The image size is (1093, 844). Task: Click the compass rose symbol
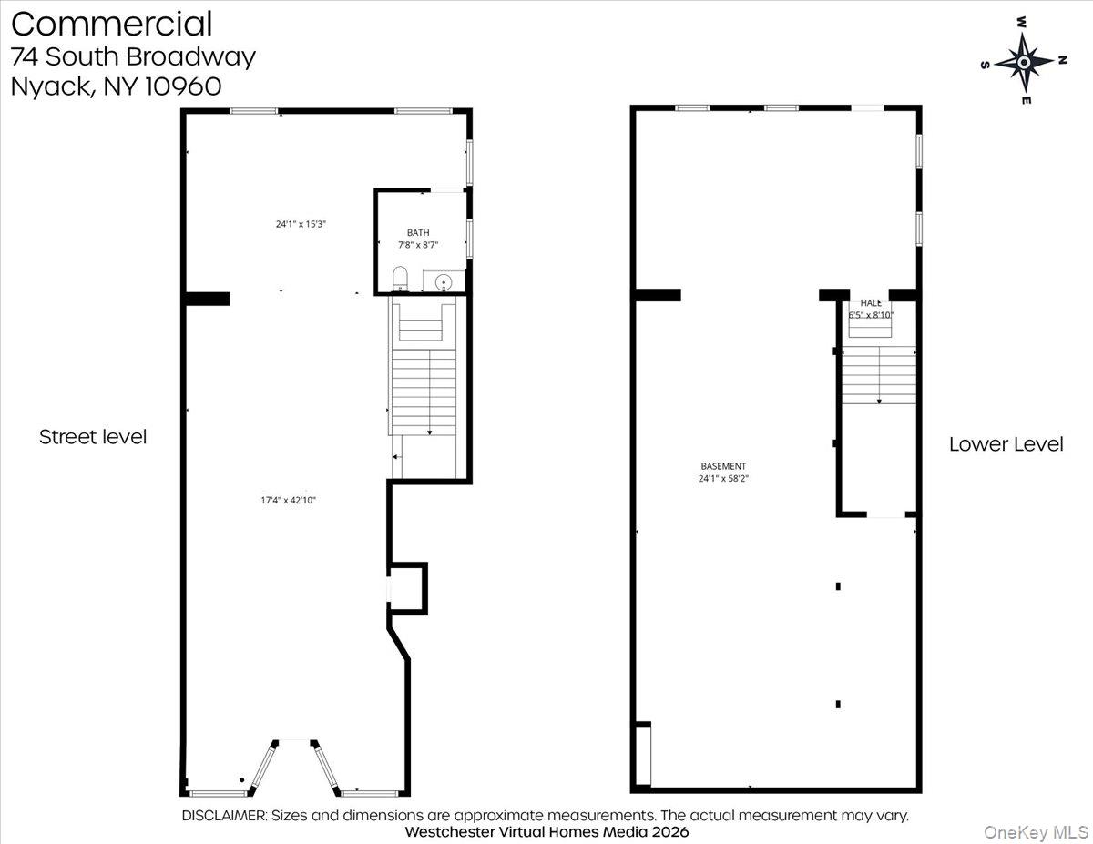[1024, 62]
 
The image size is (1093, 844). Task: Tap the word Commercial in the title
[111, 24]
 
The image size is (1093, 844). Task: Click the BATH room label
[418, 233]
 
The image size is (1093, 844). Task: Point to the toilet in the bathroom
[399, 279]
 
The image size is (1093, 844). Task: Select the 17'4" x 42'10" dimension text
[288, 500]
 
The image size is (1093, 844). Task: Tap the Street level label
[93, 437]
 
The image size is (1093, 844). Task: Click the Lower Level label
[1006, 444]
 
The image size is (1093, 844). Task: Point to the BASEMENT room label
[723, 466]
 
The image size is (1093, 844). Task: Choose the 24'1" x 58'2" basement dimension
[723, 478]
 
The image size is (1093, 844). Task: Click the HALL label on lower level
[871, 303]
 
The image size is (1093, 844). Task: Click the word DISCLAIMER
[224, 816]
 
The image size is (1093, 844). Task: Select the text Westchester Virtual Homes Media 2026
[546, 832]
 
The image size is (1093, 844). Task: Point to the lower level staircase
[878, 375]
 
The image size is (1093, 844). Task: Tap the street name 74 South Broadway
[133, 56]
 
